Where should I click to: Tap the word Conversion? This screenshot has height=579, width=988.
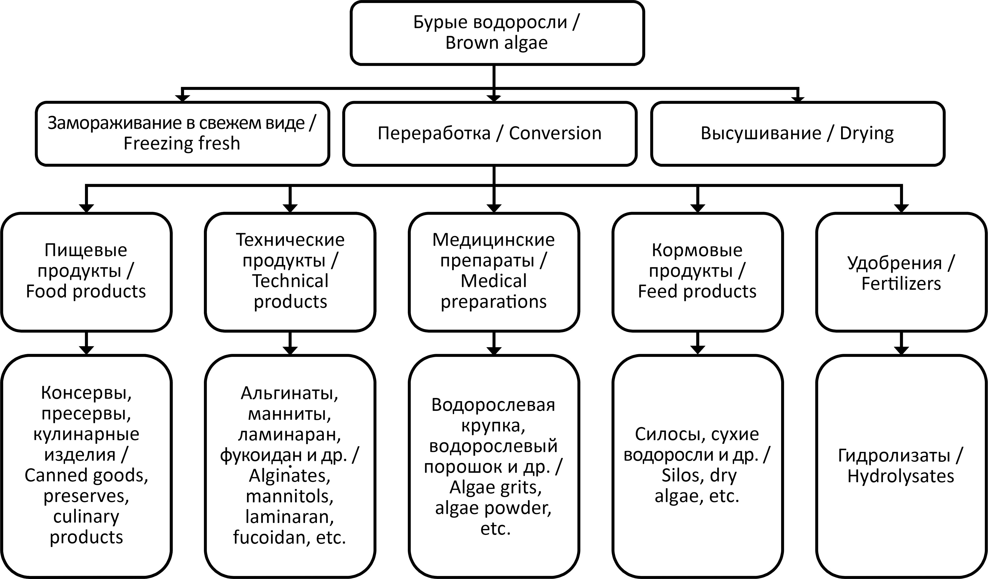coord(555,133)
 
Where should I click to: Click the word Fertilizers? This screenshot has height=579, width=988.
coord(901,283)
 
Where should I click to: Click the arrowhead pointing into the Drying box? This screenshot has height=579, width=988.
coord(798,99)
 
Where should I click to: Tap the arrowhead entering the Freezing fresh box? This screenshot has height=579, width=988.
coord(182,98)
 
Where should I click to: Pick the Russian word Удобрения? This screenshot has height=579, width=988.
coord(895,263)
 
